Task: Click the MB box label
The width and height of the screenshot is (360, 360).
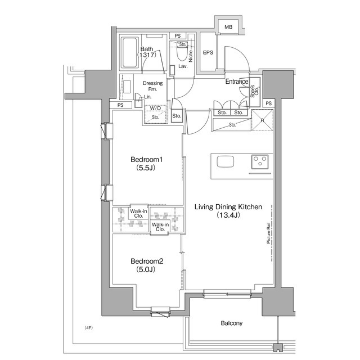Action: click(228, 27)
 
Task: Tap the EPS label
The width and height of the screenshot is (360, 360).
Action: click(208, 53)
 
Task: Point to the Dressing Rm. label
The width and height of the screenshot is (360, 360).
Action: click(152, 86)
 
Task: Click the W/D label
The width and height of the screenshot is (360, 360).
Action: click(155, 108)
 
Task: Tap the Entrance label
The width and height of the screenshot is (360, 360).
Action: click(237, 82)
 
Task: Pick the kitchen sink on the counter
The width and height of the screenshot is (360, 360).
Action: click(226, 162)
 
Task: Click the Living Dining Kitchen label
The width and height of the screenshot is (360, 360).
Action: click(228, 207)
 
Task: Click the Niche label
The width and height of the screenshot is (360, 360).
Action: click(191, 55)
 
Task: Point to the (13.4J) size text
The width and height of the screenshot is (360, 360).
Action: click(228, 215)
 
